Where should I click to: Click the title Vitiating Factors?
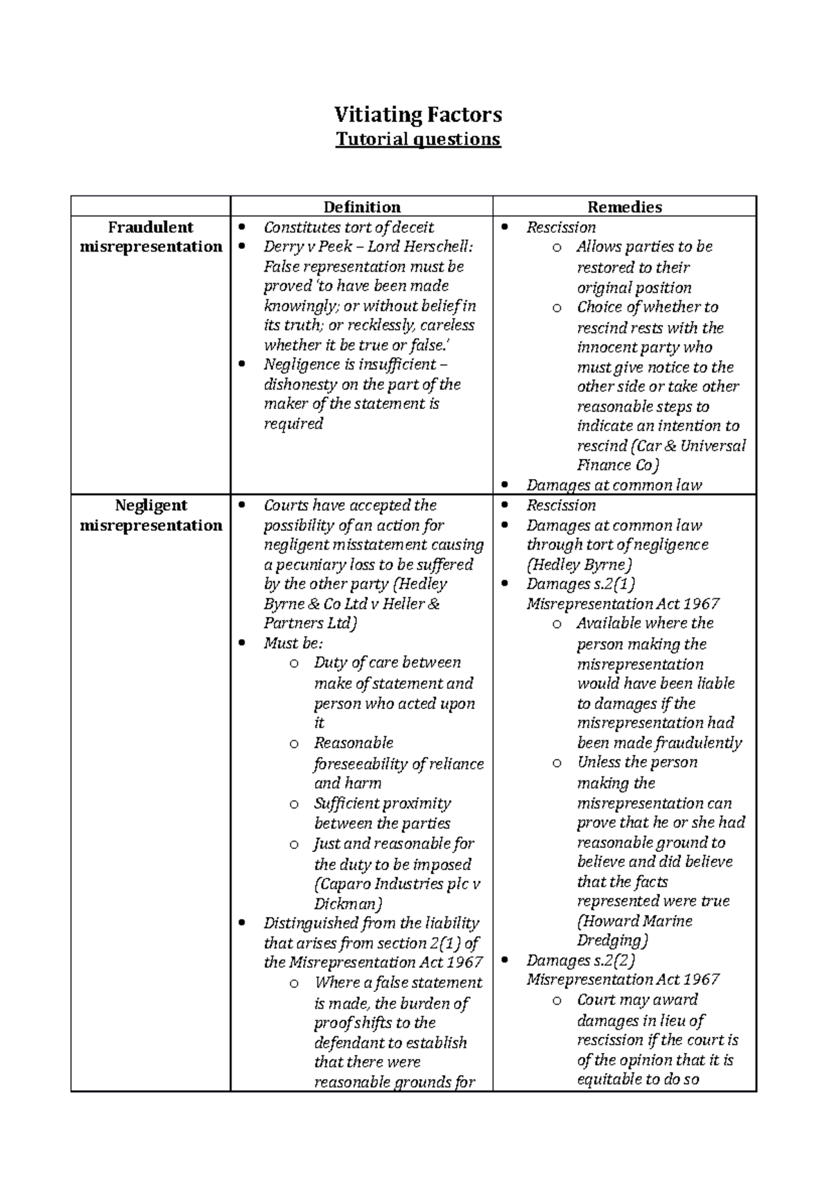coord(417,114)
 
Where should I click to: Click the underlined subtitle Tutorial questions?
coord(417,139)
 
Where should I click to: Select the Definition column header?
coord(361,207)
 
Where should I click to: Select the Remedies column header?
coord(624,207)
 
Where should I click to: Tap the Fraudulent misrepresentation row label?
coord(150,237)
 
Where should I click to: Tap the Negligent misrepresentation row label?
coord(150,515)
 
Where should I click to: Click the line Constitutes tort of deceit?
coord(348,227)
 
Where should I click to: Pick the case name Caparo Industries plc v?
coord(397,884)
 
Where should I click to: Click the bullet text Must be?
coord(293,643)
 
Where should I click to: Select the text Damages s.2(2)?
coord(580,961)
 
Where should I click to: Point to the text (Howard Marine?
coord(634,921)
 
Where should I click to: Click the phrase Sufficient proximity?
coord(382,804)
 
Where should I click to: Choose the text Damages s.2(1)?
coord(580,584)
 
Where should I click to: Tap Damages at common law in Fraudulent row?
coord(614,485)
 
